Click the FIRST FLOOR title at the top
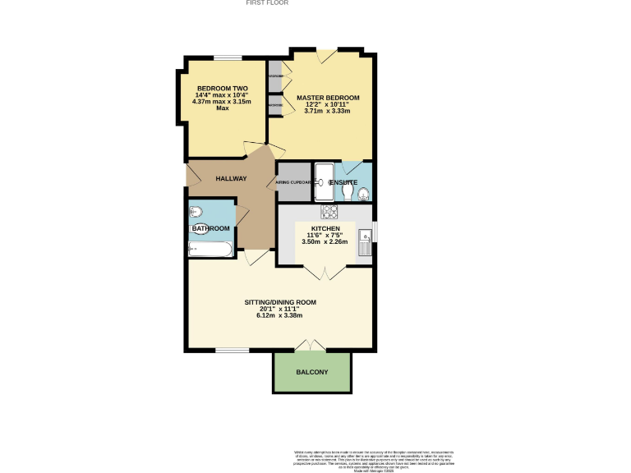point(267,3)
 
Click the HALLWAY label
point(231,179)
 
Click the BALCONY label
point(311,373)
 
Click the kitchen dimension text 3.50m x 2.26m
point(325,242)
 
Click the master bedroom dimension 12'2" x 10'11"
point(322,104)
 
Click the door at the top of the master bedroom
point(326,55)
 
